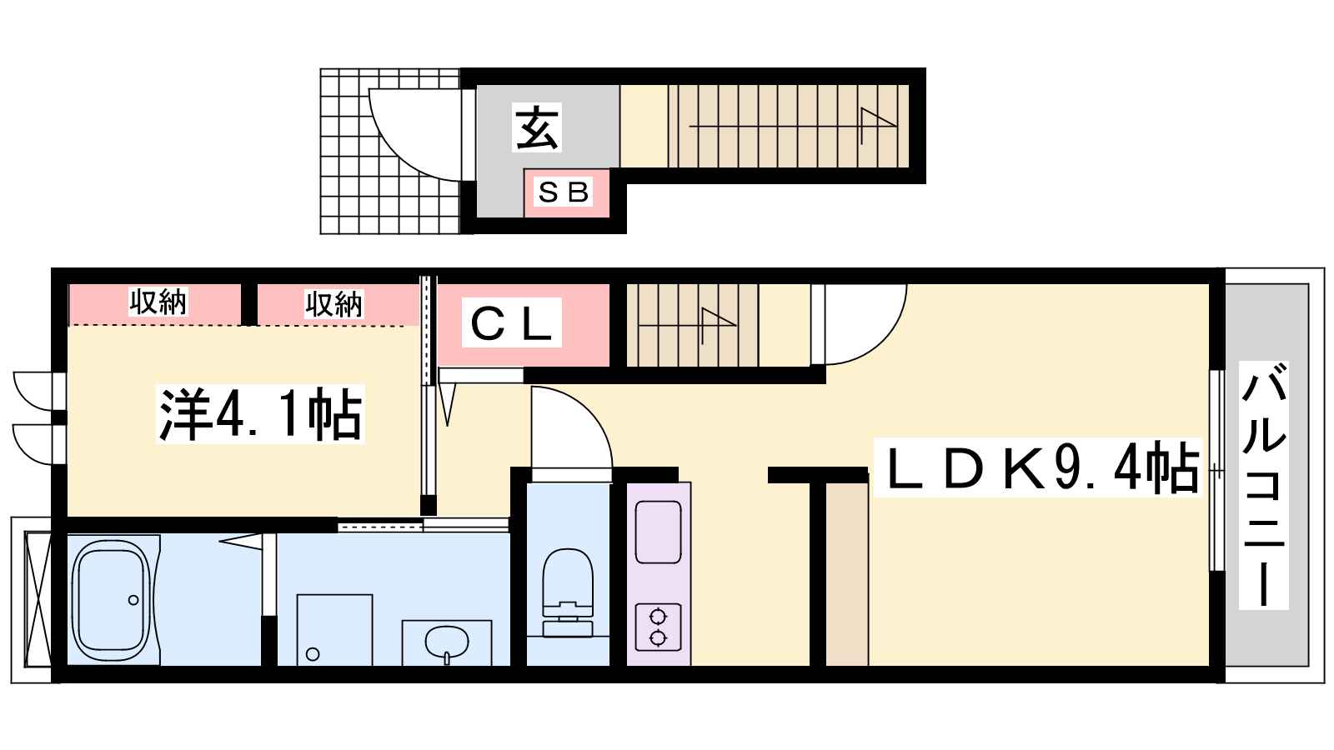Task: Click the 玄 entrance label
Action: [537, 127]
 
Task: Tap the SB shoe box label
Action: [564, 192]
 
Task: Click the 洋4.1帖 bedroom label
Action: [260, 414]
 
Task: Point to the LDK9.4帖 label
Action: [1038, 467]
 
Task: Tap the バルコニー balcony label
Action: [1264, 485]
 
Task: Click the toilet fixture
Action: [568, 592]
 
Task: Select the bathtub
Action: [111, 600]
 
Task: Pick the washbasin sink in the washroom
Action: [447, 642]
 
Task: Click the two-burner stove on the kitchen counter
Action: [658, 627]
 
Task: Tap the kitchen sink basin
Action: [658, 532]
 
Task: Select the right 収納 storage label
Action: [334, 304]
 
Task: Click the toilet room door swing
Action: [589, 412]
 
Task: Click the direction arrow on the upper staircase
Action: [793, 126]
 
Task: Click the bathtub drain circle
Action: [133, 600]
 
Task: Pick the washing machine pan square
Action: [334, 630]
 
